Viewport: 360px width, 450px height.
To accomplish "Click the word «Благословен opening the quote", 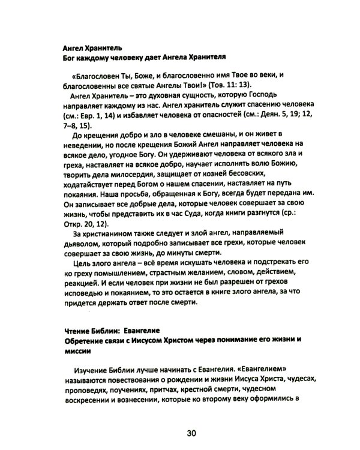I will click(x=97, y=76).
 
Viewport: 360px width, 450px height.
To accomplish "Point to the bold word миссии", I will click(x=77, y=351).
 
